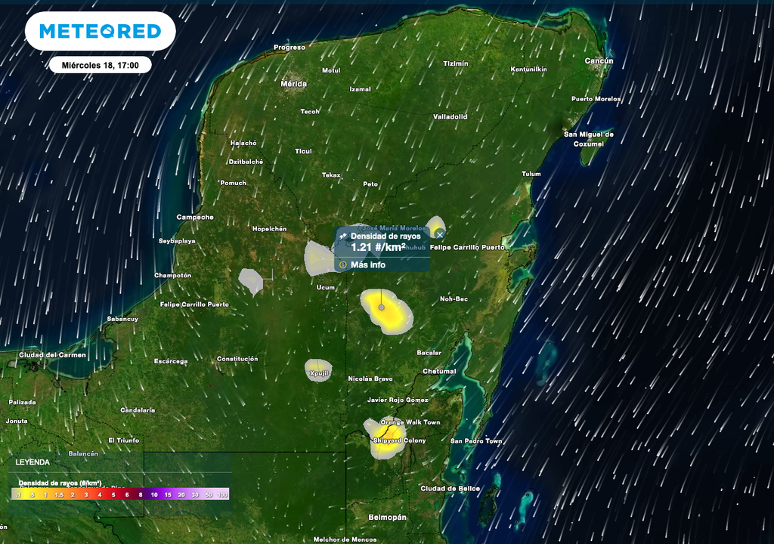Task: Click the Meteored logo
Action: [x=100, y=31]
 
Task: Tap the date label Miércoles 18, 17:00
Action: [x=101, y=65]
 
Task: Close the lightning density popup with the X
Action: [x=440, y=236]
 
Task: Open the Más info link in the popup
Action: [x=367, y=265]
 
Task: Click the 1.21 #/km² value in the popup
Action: [x=378, y=247]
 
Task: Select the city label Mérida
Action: [x=293, y=83]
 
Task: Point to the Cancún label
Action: [x=599, y=60]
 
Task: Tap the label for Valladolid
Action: [x=450, y=117]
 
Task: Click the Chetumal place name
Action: [x=439, y=371]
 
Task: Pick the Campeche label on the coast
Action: [x=195, y=217]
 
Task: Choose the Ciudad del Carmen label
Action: [x=52, y=354]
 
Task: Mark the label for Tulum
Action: [x=531, y=174]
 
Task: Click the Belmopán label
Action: [x=387, y=517]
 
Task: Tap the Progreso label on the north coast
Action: [x=289, y=48]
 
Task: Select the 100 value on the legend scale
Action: [x=222, y=494]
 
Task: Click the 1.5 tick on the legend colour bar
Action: [x=59, y=494]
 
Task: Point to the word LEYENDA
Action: [x=33, y=462]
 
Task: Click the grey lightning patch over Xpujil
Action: [x=318, y=369]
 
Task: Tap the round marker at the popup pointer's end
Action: [x=381, y=307]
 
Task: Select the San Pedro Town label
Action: [x=476, y=440]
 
